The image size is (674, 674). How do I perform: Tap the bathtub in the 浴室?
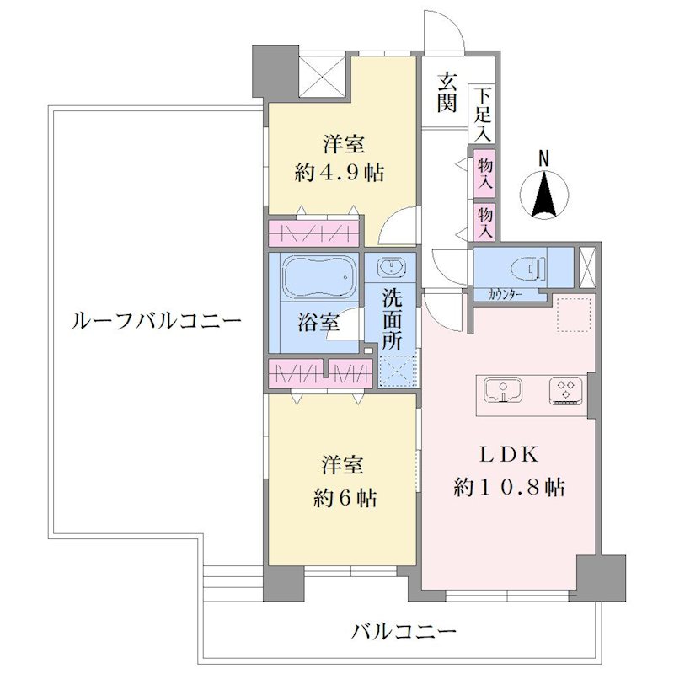318,277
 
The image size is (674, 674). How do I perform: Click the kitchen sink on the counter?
503,390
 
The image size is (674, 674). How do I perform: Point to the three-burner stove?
565,391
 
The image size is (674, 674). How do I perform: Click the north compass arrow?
544,195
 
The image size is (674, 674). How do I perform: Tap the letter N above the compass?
544,158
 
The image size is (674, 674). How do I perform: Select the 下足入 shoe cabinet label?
483,115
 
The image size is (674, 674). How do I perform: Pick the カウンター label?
505,295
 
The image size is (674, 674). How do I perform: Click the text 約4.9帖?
340,173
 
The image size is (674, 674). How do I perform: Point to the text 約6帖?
345,498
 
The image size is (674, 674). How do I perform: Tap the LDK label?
509,454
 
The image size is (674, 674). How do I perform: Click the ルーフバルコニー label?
156,321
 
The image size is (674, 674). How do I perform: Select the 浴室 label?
318,322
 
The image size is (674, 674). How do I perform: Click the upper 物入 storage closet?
484,174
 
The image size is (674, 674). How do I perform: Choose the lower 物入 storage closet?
484,222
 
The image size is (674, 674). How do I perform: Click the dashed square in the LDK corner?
575,314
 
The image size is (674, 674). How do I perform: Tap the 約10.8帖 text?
509,488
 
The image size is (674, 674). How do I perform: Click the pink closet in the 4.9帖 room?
313,233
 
